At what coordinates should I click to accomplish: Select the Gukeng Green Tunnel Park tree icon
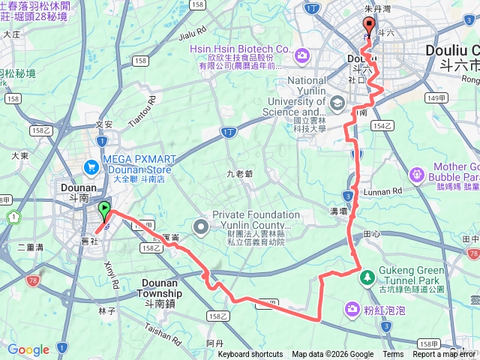point(367,278)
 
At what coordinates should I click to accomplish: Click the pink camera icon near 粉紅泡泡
point(352,309)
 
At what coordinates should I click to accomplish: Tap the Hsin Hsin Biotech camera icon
point(301,55)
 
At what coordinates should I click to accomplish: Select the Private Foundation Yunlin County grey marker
point(200,225)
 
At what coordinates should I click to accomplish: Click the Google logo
point(28,349)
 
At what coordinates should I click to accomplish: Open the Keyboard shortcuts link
point(250,355)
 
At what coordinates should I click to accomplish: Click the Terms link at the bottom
point(393,355)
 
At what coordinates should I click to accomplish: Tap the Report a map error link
point(443,355)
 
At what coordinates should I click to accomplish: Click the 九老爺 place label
point(240,173)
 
